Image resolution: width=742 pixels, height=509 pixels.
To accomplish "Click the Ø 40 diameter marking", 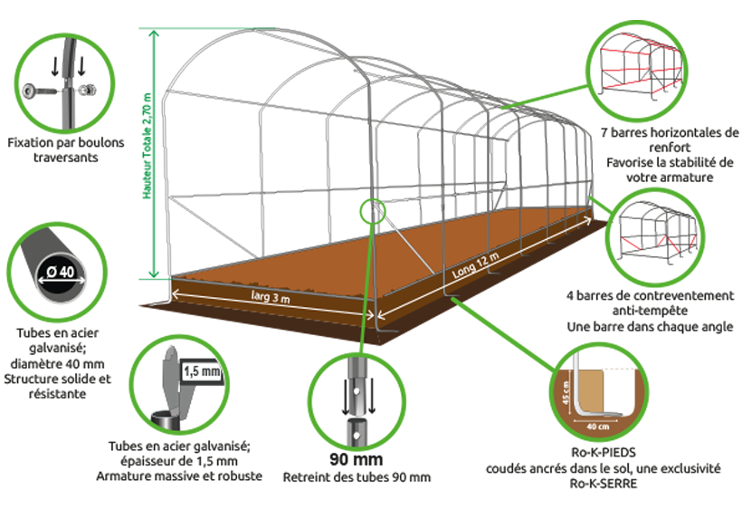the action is click(x=61, y=272).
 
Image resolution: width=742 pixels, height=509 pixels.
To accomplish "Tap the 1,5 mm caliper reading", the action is click(x=202, y=371).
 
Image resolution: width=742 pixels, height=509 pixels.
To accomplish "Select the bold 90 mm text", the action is click(x=357, y=459).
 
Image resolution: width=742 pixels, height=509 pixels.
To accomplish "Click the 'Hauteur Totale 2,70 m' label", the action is click(x=147, y=146).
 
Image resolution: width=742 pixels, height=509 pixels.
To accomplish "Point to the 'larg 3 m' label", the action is click(x=271, y=296).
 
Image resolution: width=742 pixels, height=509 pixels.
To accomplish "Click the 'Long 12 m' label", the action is click(x=475, y=265).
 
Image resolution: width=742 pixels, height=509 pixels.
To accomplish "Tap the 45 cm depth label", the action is click(x=566, y=393).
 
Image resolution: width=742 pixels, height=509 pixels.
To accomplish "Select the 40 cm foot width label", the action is click(x=598, y=427).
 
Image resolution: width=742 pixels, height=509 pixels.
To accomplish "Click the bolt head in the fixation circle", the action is click(x=29, y=90).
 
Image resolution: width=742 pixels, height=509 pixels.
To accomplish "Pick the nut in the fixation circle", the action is click(x=88, y=90).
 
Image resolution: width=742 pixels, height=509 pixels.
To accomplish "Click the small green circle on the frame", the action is click(x=373, y=211).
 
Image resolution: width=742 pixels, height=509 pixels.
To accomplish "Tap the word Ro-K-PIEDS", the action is click(x=604, y=452).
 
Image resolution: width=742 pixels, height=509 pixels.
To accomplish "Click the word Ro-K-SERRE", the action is click(x=604, y=484).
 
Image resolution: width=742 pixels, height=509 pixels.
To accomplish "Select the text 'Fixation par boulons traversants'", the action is click(x=66, y=149).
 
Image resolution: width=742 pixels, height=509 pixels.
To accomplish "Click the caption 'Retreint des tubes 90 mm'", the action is click(x=357, y=477).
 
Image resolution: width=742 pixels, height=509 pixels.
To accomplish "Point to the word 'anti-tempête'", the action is click(x=650, y=311).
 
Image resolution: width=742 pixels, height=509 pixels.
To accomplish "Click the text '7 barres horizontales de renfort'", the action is click(x=670, y=139).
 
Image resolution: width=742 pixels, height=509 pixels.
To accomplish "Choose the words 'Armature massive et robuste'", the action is click(x=179, y=475).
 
